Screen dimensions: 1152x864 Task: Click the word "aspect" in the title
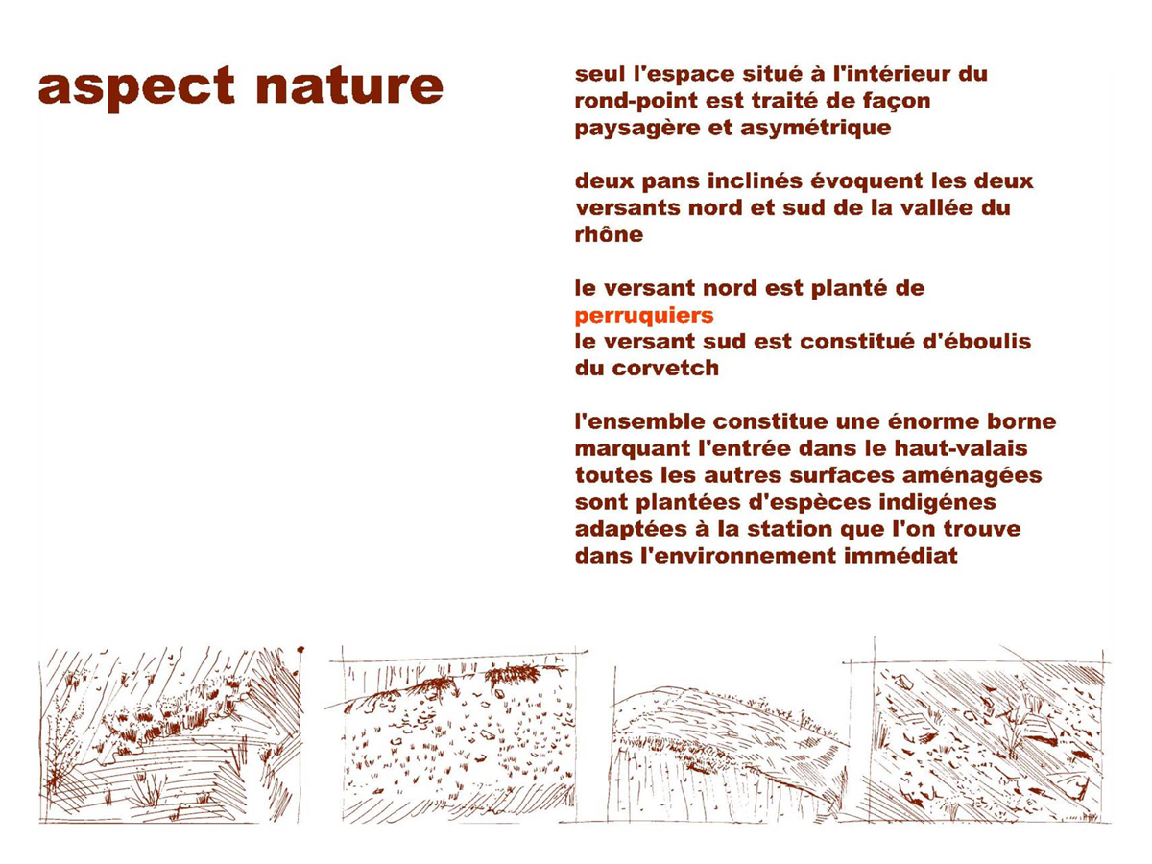click(136, 87)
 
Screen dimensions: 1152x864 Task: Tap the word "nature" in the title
click(349, 86)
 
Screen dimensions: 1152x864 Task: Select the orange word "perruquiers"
click(644, 317)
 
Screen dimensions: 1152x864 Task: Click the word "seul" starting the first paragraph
click(600, 74)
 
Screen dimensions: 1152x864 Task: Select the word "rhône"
click(609, 234)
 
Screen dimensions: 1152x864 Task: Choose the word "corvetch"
click(665, 369)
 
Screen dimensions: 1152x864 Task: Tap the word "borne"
click(1021, 422)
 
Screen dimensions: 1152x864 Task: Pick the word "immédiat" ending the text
click(900, 556)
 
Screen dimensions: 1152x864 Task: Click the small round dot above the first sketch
click(300, 651)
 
